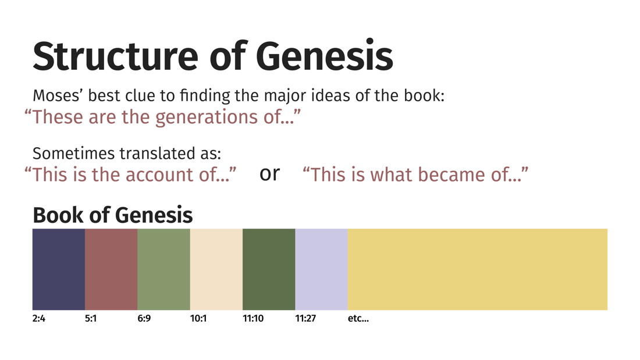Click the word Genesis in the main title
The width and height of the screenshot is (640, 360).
(325, 56)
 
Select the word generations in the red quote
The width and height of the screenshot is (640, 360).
(207, 118)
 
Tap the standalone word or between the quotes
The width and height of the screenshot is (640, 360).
(269, 174)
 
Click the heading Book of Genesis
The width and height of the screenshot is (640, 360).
(113, 215)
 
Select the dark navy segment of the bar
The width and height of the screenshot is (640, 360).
(59, 269)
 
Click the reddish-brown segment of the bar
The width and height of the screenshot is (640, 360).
(111, 269)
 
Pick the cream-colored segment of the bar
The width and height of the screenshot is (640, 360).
(216, 269)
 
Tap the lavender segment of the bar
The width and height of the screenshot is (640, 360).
(322, 269)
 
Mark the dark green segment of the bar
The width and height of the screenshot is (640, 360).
(269, 269)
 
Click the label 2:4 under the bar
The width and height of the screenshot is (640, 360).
(39, 318)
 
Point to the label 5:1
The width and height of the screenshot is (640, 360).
(91, 318)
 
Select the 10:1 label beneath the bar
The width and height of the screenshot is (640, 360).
(198, 318)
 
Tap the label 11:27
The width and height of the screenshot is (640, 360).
(305, 318)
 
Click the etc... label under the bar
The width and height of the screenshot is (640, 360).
(358, 318)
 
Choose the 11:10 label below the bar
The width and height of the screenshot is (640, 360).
(253, 318)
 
